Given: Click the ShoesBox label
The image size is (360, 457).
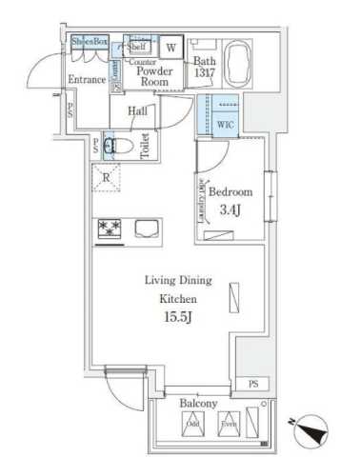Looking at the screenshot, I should click(90, 42).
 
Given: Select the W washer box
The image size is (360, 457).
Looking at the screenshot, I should click(172, 47).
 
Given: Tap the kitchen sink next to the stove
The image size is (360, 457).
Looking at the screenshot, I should click(147, 228).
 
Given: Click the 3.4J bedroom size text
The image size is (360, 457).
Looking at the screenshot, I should click(230, 208).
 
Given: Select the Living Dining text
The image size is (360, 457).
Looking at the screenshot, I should click(178, 280).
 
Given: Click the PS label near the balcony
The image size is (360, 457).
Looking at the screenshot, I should click(252, 383).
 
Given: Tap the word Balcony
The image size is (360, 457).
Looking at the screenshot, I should click(198, 403).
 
